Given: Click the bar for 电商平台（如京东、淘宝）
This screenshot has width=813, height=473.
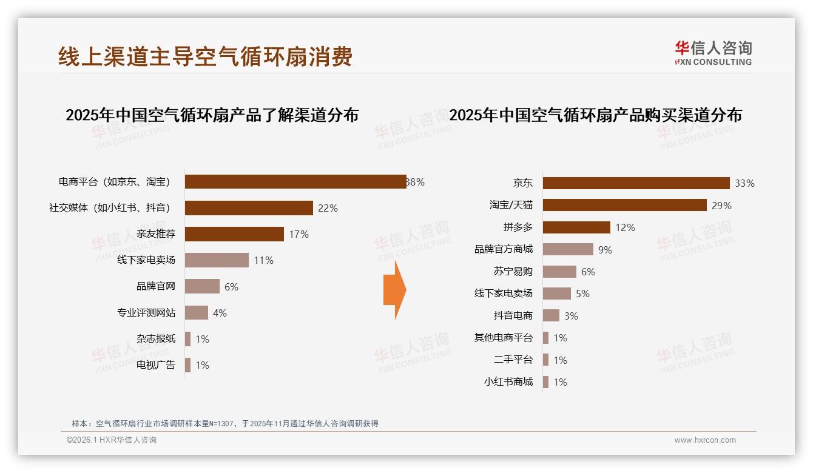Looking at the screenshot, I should click(295, 182).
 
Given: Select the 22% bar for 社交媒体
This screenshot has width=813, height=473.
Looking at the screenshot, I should click(249, 208).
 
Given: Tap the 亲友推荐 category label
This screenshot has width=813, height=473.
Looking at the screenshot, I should click(155, 234).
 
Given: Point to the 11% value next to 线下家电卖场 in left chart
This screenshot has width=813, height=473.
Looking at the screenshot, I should click(264, 261).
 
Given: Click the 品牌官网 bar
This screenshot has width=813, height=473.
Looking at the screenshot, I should click(202, 286).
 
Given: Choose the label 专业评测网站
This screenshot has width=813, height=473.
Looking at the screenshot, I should click(146, 313).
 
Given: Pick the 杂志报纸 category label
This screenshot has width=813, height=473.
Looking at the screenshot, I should click(155, 339).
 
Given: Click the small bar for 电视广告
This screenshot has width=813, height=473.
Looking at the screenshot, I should click(187, 365).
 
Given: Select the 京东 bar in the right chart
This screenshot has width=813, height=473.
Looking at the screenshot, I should click(636, 183).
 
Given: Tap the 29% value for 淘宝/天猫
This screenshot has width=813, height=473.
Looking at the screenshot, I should click(721, 206).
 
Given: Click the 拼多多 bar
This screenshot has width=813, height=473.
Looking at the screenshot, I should click(576, 227).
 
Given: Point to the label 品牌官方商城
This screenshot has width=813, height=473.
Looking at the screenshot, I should click(503, 249).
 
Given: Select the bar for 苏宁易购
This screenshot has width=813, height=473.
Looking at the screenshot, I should click(559, 272).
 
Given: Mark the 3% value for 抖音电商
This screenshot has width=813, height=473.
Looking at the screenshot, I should click(570, 316).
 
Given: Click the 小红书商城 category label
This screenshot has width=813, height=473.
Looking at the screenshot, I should click(508, 382).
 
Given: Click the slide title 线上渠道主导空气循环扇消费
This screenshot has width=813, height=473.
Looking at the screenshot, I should click(205, 56).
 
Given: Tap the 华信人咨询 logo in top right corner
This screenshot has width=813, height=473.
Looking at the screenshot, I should click(713, 53).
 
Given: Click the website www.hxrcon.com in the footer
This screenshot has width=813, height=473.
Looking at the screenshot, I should click(704, 440).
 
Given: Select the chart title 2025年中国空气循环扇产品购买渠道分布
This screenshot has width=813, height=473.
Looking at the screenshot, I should click(595, 115).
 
